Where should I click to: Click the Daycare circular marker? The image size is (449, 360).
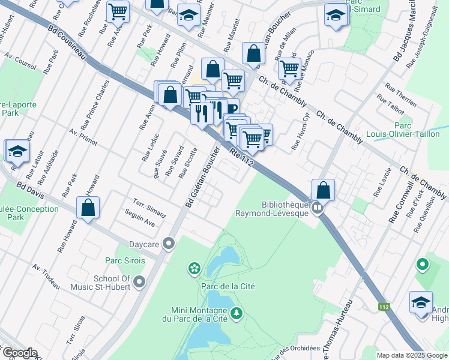click(169, 244)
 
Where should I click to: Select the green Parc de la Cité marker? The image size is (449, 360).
click(194, 268)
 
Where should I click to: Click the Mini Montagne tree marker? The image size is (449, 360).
click(237, 313)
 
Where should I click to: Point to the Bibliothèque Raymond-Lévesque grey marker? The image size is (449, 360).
click(318, 208)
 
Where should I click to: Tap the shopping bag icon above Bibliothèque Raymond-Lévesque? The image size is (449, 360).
click(323, 190)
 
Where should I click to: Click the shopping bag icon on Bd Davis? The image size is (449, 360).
click(88, 208)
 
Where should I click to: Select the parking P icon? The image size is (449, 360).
click(231, 109)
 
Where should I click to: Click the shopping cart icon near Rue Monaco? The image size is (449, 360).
click(289, 70)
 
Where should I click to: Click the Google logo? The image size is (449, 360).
click(20, 353)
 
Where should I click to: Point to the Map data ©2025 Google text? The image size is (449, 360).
click(411, 355)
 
